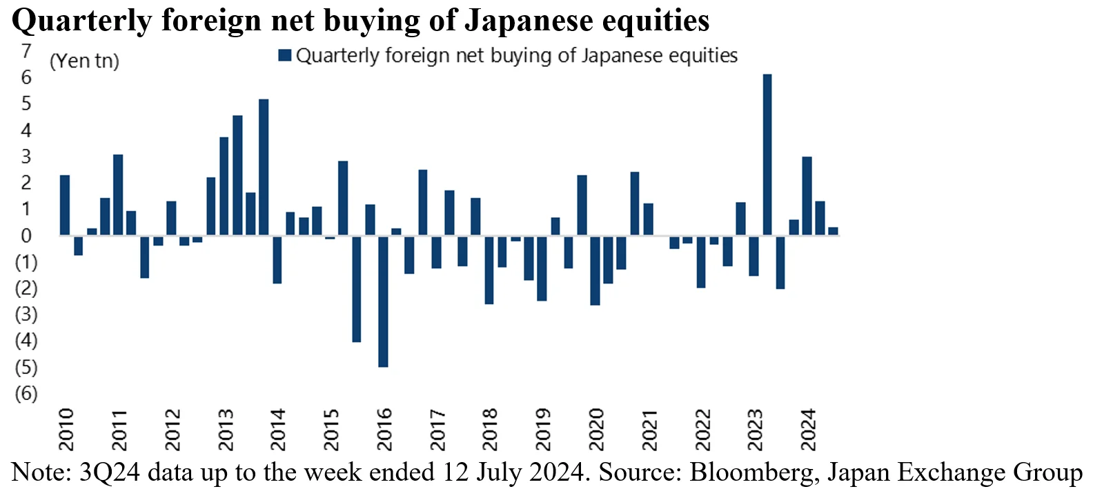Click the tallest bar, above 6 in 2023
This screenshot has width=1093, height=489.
pyautogui.click(x=767, y=154)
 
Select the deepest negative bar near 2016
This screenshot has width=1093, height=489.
pyautogui.click(x=383, y=301)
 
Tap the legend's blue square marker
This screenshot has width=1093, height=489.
pyautogui.click(x=284, y=55)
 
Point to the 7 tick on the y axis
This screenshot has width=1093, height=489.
pyautogui.click(x=26, y=51)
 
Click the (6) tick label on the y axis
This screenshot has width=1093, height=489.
pyautogui.click(x=26, y=393)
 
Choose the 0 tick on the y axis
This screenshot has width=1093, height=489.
pyautogui.click(x=26, y=236)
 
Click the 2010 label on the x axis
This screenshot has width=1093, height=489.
pyautogui.click(x=66, y=429)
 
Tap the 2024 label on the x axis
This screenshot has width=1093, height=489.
pyautogui.click(x=808, y=429)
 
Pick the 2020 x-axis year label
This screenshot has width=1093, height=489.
pyautogui.click(x=596, y=429)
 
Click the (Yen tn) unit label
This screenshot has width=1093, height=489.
pyautogui.click(x=84, y=61)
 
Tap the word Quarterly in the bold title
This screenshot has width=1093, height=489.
pyautogui.click(x=81, y=20)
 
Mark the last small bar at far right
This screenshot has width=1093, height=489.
pyautogui.click(x=833, y=232)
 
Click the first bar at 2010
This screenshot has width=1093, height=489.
pyautogui.click(x=65, y=206)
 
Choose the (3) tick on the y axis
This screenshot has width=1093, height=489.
pyautogui.click(x=26, y=315)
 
